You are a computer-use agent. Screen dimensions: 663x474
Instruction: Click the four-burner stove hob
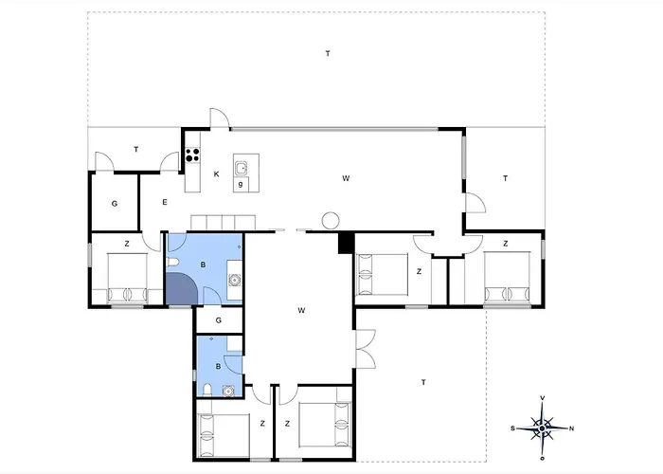click(193, 155)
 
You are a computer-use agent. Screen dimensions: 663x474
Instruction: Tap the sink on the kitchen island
click(242, 168)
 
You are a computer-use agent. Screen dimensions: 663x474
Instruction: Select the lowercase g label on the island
click(241, 184)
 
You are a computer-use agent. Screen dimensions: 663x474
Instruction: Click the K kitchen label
click(217, 173)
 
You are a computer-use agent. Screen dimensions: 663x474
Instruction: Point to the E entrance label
click(165, 202)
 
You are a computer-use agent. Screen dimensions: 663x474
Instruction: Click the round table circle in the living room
click(331, 221)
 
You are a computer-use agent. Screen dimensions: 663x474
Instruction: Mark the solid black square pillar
click(346, 244)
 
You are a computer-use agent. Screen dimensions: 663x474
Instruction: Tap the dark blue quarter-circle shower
click(181, 288)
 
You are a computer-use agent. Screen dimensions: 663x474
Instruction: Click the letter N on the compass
click(572, 428)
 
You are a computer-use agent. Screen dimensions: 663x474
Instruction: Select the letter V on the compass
click(543, 398)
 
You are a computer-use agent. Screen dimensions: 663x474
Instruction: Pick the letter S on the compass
click(513, 428)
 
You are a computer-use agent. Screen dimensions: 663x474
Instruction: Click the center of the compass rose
click(542, 428)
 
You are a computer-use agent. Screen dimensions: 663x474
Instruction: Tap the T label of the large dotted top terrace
click(328, 53)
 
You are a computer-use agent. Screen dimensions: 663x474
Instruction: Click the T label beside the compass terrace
click(423, 383)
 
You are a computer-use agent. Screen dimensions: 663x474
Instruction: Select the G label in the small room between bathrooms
click(219, 320)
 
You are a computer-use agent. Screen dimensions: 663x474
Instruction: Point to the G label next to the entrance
click(115, 204)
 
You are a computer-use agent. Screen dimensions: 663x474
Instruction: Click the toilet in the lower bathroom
click(207, 390)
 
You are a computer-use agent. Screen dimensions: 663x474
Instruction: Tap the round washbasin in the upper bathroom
click(234, 280)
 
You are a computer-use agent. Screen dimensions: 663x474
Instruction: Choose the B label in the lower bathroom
click(218, 367)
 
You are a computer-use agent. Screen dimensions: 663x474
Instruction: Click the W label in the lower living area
click(301, 311)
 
